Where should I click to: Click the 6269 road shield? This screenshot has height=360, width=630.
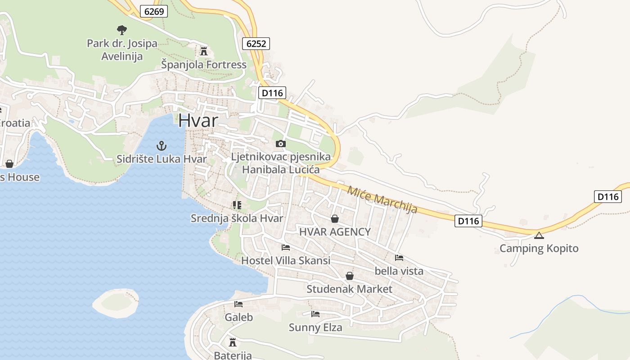pyautogui.click(x=154, y=11)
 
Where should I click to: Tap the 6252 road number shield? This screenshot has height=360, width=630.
pyautogui.click(x=256, y=43)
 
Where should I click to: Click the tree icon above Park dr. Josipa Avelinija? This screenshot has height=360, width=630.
pyautogui.click(x=121, y=30)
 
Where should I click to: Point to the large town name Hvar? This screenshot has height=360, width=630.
pyautogui.click(x=198, y=121)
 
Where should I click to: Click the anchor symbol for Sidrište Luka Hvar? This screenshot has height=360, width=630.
pyautogui.click(x=161, y=146)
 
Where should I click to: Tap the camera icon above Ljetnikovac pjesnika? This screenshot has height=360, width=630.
pyautogui.click(x=281, y=144)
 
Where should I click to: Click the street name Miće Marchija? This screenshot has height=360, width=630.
pyautogui.click(x=382, y=199)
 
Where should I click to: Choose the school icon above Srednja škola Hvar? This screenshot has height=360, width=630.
pyautogui.click(x=237, y=206)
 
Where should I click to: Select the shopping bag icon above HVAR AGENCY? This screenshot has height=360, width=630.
pyautogui.click(x=335, y=219)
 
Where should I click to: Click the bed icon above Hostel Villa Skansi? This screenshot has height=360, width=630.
pyautogui.click(x=286, y=247)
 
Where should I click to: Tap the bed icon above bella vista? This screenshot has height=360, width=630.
pyautogui.click(x=399, y=258)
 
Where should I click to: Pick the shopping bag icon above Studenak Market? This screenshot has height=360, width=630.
pyautogui.click(x=349, y=276)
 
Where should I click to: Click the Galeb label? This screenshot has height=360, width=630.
pyautogui.click(x=239, y=317)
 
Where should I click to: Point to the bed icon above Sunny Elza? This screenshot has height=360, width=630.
pyautogui.click(x=315, y=314)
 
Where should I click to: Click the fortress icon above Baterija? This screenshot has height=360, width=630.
pyautogui.click(x=233, y=342)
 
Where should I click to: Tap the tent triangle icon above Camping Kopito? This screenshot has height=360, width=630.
pyautogui.click(x=539, y=235)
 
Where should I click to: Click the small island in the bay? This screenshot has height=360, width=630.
pyautogui.click(x=116, y=303)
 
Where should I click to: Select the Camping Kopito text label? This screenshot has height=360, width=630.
pyautogui.click(x=539, y=248)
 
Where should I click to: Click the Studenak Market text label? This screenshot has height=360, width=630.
pyautogui.click(x=349, y=289)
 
